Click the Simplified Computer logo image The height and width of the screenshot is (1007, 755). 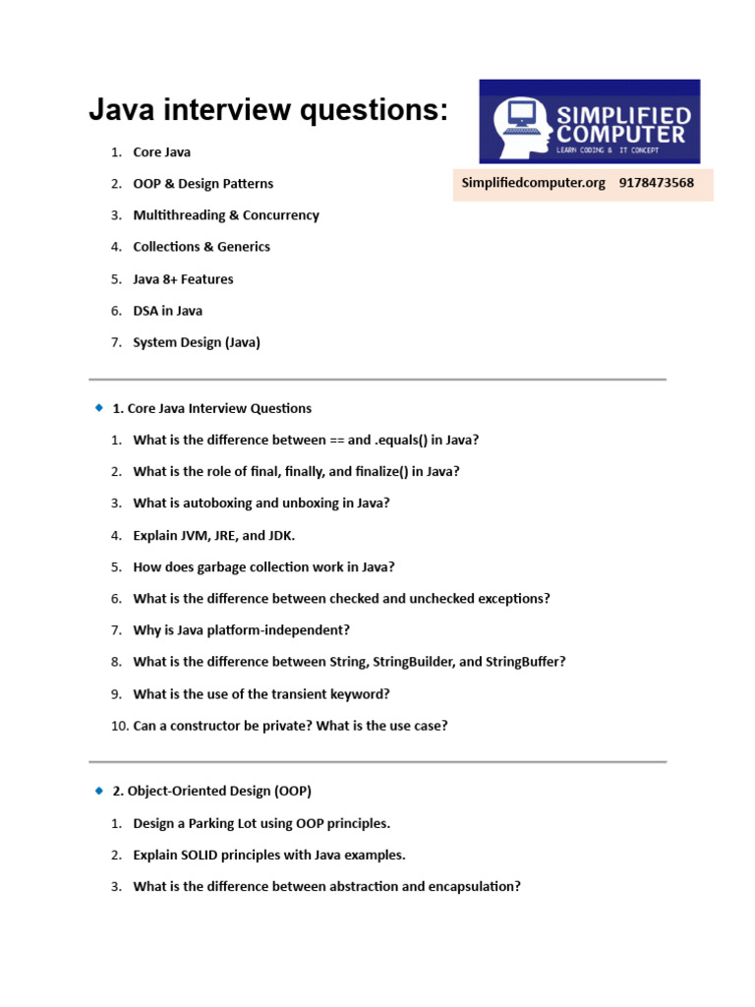pyautogui.click(x=589, y=121)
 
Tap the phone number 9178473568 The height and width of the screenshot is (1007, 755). pyautogui.click(x=656, y=183)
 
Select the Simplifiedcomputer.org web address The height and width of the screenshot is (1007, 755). pyautogui.click(x=533, y=183)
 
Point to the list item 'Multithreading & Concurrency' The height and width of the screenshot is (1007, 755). pyautogui.click(x=226, y=215)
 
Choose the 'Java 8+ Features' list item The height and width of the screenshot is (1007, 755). pyautogui.click(x=183, y=279)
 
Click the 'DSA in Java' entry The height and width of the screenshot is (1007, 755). pyautogui.click(x=167, y=311)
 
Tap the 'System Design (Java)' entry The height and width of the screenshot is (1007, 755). pyautogui.click(x=197, y=342)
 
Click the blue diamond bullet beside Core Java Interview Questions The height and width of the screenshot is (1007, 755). pyautogui.click(x=97, y=407)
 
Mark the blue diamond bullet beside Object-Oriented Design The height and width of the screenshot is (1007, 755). pyautogui.click(x=97, y=790)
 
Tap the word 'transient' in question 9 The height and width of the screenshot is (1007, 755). pyautogui.click(x=300, y=693)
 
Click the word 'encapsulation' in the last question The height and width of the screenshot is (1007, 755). pyautogui.click(x=473, y=886)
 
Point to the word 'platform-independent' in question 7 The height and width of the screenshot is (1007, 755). pyautogui.click(x=282, y=629)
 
